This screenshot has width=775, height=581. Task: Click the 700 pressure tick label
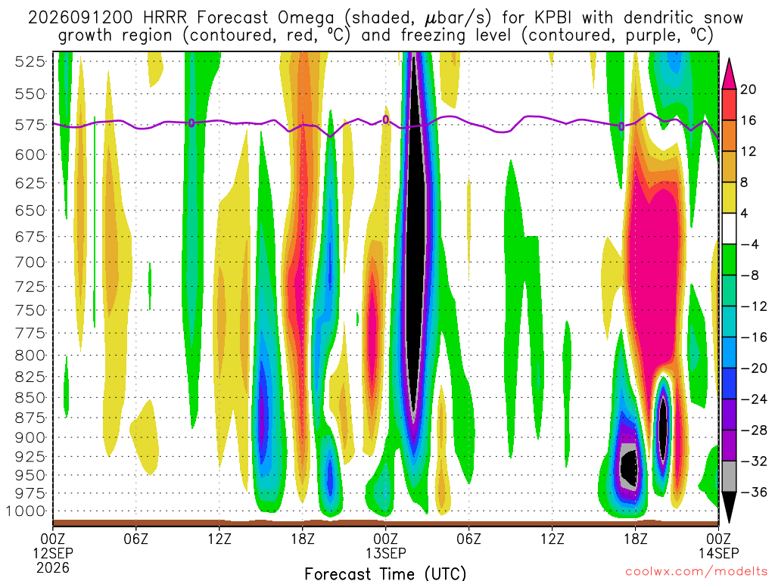point(30,262)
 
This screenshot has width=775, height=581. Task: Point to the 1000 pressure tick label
point(26,511)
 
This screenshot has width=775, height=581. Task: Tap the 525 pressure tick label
point(30,62)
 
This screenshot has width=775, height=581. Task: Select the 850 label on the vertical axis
point(30,398)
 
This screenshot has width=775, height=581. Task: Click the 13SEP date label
point(385,553)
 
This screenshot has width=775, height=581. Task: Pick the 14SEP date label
point(719,553)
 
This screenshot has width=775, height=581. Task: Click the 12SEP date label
point(53,553)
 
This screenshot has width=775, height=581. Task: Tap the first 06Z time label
point(136,538)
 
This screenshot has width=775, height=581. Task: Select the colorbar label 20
point(748,89)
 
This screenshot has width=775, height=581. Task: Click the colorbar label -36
point(753,492)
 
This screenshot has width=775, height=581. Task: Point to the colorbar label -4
point(749,244)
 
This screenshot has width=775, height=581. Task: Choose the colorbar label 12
point(748,151)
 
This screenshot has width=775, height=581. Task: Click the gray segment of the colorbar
point(729,477)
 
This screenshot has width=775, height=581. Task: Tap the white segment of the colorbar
point(729,228)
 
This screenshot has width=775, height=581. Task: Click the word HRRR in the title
point(165,18)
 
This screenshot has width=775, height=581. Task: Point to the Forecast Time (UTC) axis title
point(385,573)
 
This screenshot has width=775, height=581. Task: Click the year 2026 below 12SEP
point(53,567)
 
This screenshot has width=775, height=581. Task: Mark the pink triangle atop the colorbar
point(729,76)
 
